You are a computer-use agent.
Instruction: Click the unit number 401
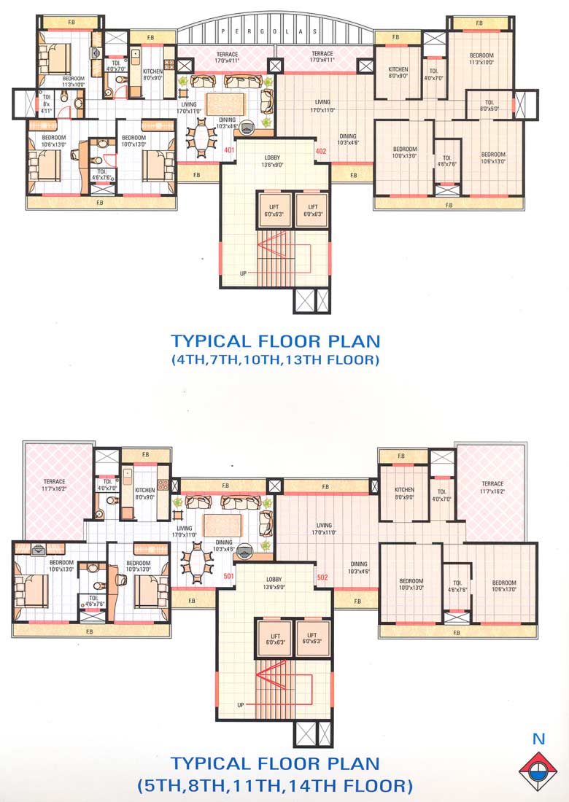coord(229,152)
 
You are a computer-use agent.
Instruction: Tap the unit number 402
coord(320,152)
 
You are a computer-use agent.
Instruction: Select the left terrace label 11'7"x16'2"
coord(54,486)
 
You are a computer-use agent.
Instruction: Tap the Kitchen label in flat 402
coord(398,72)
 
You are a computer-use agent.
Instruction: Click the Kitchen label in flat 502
coord(404,493)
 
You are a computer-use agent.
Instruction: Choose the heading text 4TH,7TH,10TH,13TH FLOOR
coord(276,359)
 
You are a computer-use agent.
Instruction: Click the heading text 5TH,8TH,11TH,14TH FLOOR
coord(276,786)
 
